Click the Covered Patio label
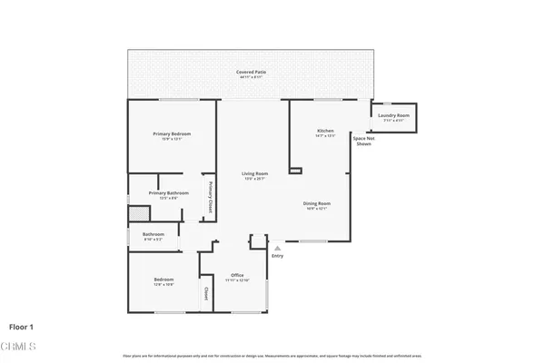(251, 72)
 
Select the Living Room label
(254, 174)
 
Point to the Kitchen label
(325, 132)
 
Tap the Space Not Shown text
(363, 141)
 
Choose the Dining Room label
(316, 204)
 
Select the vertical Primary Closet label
(210, 196)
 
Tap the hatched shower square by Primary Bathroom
(137, 214)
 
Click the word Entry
(277, 256)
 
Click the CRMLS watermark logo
(20, 347)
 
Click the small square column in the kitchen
(294, 169)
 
